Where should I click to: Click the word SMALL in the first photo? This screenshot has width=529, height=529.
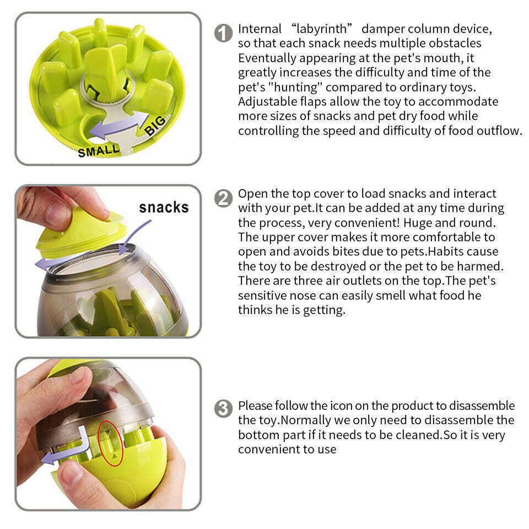tap(98, 150)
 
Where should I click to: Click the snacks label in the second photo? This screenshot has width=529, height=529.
tap(164, 207)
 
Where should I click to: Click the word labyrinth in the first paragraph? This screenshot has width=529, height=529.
tap(319, 29)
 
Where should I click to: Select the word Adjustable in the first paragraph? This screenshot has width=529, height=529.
tap(265, 101)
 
